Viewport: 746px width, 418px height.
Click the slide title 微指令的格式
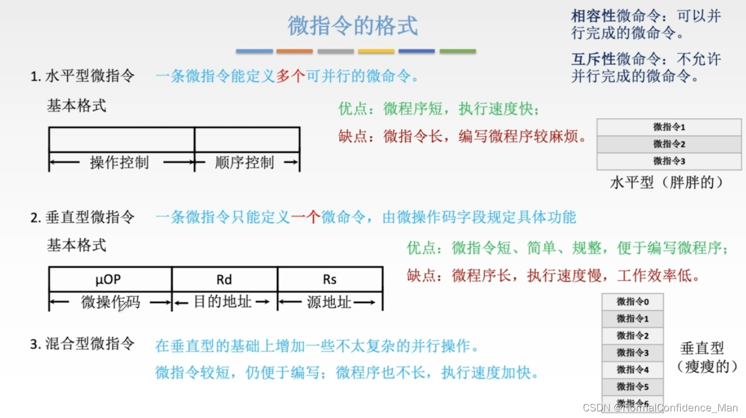353,26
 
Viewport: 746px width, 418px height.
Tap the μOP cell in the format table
108,280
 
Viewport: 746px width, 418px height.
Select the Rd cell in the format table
224,280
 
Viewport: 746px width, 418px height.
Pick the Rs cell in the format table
330,280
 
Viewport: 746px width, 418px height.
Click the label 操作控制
120,163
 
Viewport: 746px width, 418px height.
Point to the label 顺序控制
245,163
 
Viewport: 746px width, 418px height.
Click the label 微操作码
111,302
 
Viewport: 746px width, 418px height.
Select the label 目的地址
222,302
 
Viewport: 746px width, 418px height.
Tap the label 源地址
329,302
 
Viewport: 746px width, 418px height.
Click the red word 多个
291,76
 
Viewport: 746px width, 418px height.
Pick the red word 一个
306,217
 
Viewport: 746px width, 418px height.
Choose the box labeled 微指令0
633,302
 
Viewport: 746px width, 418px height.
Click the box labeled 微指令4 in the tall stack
633,369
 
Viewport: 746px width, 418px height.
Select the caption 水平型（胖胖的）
667,182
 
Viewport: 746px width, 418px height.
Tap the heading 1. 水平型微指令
82,76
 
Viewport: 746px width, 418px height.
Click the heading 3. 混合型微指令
82,344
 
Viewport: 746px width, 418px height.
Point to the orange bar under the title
294,51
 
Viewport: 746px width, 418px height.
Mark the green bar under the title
458,51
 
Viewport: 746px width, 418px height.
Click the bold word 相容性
594,16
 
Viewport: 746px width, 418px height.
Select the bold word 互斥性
594,59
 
